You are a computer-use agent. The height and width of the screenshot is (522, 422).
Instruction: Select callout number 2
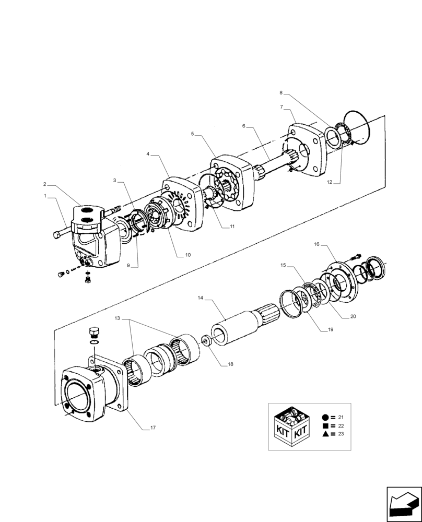45,184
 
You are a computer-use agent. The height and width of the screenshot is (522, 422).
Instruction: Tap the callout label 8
281,93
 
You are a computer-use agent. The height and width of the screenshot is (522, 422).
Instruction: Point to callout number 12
330,182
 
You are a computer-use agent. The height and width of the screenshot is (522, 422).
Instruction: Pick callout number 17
153,428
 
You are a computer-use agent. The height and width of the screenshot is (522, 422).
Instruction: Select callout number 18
230,364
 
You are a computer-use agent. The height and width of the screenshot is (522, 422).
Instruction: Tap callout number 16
317,244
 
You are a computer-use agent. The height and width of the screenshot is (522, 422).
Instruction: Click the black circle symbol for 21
325,417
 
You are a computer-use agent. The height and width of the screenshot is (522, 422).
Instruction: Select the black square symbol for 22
325,425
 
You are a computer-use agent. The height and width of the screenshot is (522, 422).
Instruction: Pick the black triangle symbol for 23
325,434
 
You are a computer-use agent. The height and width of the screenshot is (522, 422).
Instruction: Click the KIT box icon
293,426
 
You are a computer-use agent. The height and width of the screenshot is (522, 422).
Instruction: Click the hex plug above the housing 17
95,331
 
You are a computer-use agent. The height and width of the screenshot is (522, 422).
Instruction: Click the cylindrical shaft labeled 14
235,329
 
